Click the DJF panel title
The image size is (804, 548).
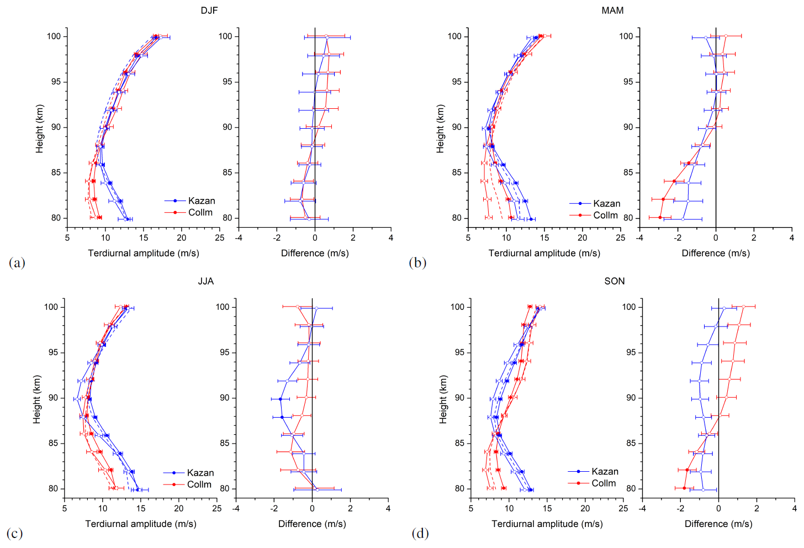pyautogui.click(x=209, y=10)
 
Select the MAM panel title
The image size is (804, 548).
pyautogui.click(x=612, y=10)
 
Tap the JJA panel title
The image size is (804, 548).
pyautogui.click(x=206, y=281)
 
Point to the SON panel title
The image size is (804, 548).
pyautogui.click(x=615, y=281)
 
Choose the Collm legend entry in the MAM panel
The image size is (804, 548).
pyautogui.click(x=605, y=215)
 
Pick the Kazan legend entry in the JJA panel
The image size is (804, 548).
pyautogui.click(x=200, y=473)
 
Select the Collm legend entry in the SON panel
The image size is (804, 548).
pyautogui.click(x=604, y=483)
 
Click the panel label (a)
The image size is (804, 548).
pyautogui.click(x=17, y=262)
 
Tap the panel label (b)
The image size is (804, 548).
pyautogui.click(x=417, y=262)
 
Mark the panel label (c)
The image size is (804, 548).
pyautogui.click(x=14, y=533)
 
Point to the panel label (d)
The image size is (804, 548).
pyautogui.click(x=420, y=533)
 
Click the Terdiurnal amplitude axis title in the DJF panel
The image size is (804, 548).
pyautogui.click(x=144, y=253)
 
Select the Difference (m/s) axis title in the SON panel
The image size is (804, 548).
pyautogui.click(x=718, y=524)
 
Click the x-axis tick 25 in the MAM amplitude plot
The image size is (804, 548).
pyautogui.click(x=620, y=238)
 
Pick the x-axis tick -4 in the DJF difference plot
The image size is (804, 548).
pyautogui.click(x=239, y=238)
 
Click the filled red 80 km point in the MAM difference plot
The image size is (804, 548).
pyautogui.click(x=660, y=218)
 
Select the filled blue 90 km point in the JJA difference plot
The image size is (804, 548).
pyautogui.click(x=280, y=399)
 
